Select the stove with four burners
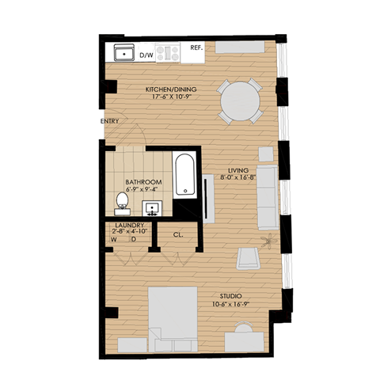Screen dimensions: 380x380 pyautogui.click(x=167, y=54)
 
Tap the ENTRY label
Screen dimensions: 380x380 pyautogui.click(x=109, y=120)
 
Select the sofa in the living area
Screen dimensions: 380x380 pyautogui.click(x=268, y=193)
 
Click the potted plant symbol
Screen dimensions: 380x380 pyautogui.click(x=267, y=240)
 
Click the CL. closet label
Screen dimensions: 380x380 pyautogui.click(x=179, y=234)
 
